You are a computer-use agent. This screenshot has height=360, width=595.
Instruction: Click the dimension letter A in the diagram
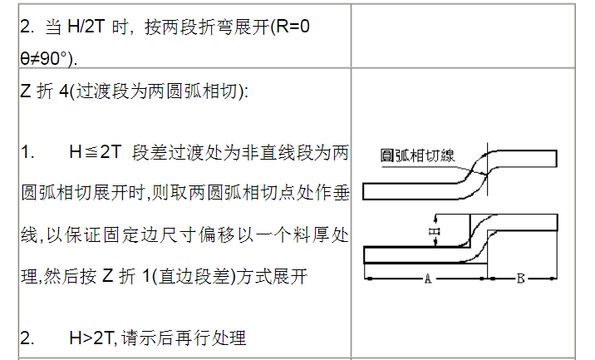point(428,279)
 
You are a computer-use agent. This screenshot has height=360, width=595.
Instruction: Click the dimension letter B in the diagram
point(520,279)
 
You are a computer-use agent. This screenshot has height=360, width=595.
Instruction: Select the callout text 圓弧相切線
point(417,155)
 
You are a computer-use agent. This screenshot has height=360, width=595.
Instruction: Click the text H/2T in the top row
point(86,27)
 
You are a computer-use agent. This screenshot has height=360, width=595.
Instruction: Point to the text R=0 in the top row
point(293,27)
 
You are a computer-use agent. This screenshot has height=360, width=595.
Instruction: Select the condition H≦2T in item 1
point(96,153)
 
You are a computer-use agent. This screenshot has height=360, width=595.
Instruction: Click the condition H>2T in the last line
point(92,338)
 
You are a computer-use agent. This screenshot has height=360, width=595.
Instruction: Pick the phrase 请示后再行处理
point(184,338)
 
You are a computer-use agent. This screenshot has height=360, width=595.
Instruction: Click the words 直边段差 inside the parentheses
point(194,276)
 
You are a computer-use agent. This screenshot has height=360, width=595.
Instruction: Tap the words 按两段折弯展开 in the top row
point(206,27)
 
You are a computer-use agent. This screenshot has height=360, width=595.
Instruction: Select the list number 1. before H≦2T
point(27,153)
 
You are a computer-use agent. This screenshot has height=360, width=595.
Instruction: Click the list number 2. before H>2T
point(27,338)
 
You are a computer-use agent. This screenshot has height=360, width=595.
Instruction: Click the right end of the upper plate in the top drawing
point(557,159)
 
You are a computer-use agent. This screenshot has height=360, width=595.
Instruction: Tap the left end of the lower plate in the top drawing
point(363,191)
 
